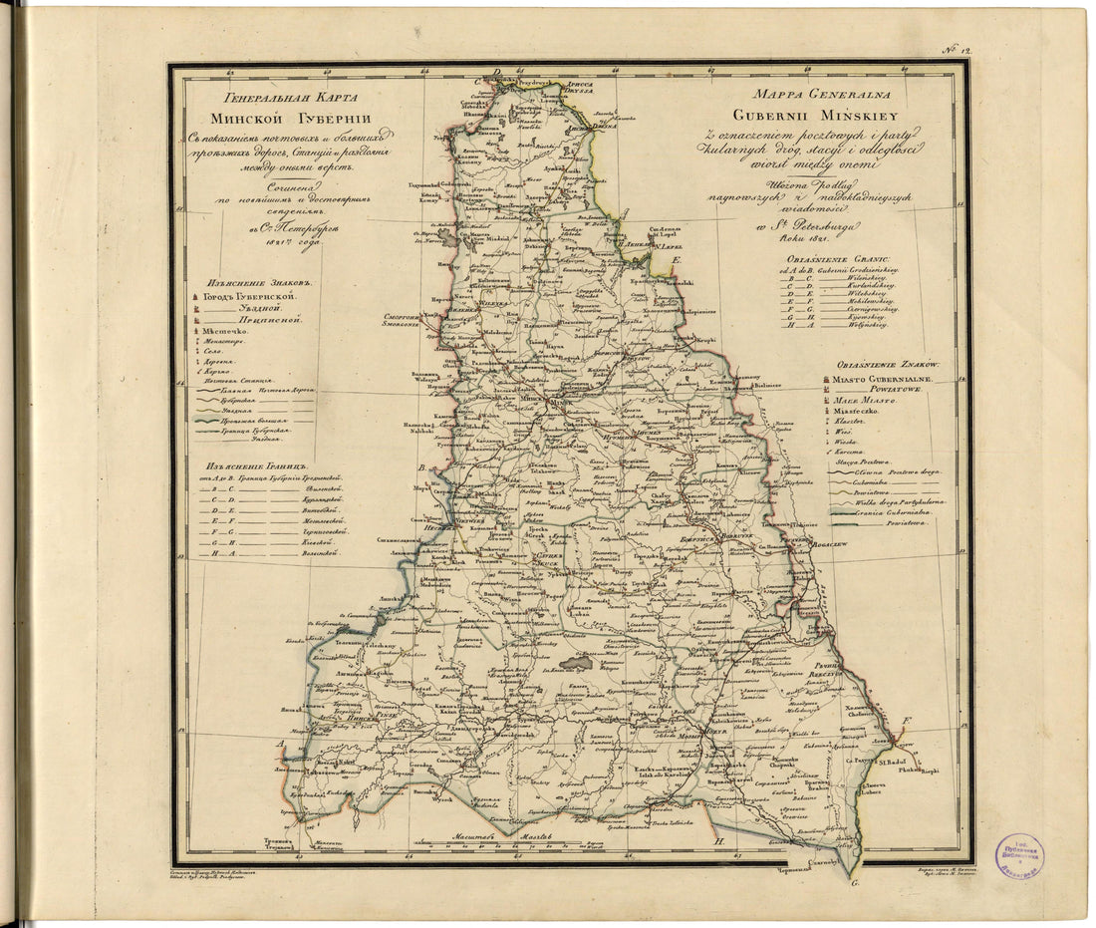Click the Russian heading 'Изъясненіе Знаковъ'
(248, 282)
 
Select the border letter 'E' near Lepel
(676, 261)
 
